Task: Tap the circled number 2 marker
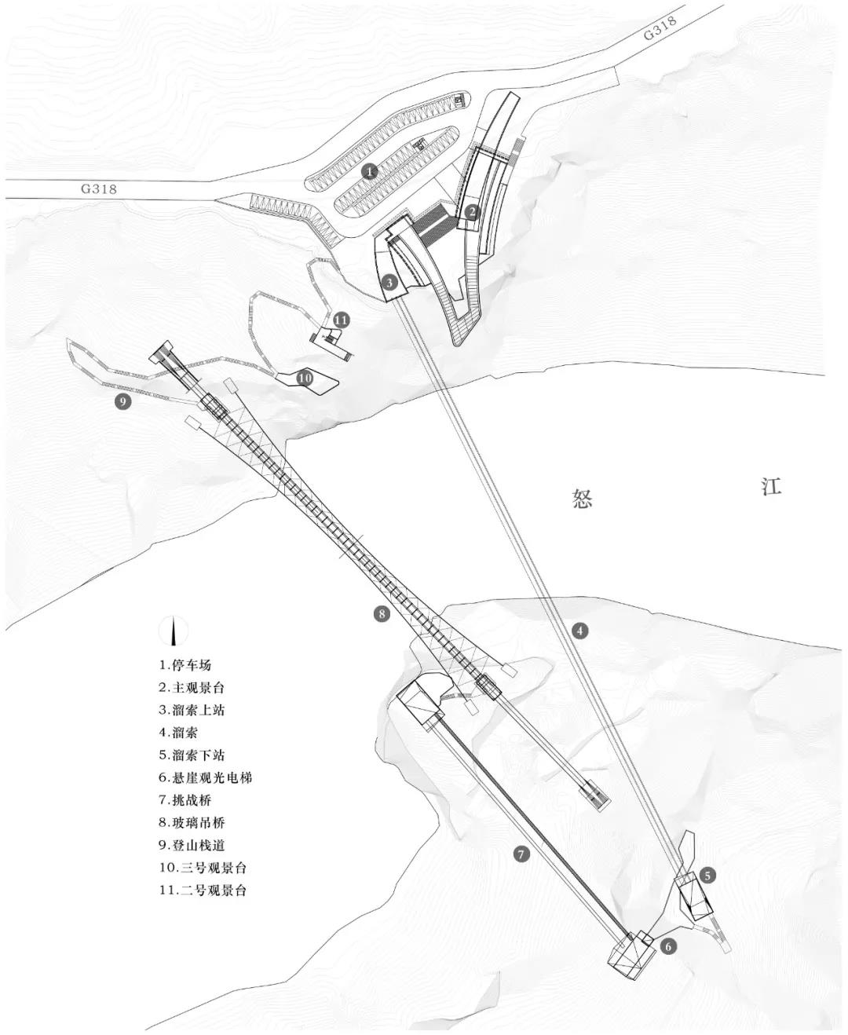coord(471,210)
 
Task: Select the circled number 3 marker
coord(389,281)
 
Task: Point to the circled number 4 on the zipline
coord(579,630)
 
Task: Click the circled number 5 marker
coord(707,874)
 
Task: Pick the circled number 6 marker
coord(667,946)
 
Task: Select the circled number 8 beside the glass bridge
coord(382,613)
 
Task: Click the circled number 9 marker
coord(122,402)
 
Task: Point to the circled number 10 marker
coord(305,379)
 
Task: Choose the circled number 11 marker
coord(340,320)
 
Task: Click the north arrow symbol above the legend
coord(174,631)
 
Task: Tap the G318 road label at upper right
coord(659,29)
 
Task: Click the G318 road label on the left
coord(98,188)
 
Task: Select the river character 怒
coord(582,499)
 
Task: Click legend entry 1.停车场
coord(185,665)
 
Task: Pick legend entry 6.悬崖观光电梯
coord(205,778)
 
